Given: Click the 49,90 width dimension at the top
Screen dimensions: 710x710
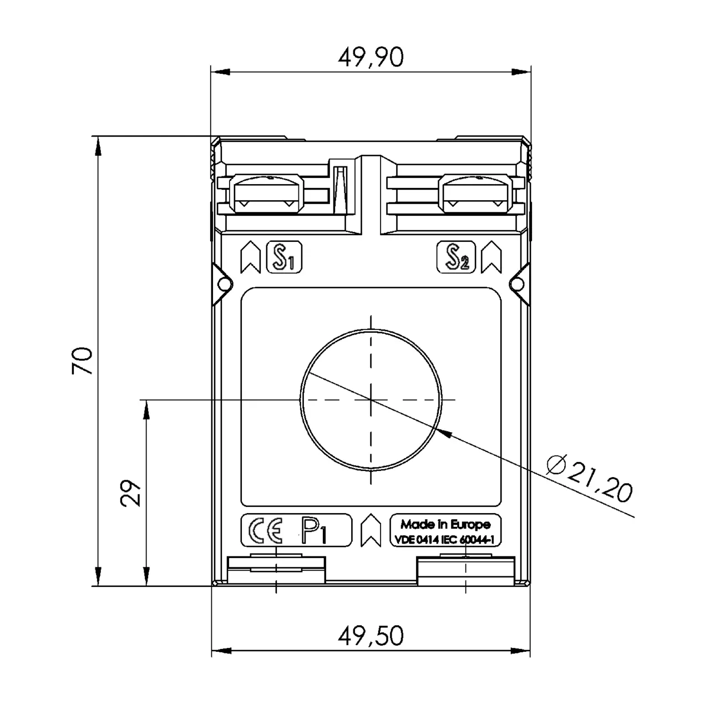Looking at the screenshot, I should [x=371, y=57].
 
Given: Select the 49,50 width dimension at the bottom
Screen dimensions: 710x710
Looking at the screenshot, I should [x=371, y=636].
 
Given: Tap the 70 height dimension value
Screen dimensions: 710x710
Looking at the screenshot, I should [x=82, y=361].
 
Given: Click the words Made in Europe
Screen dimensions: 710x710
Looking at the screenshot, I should [x=445, y=524].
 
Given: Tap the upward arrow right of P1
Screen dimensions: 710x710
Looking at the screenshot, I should [x=371, y=531].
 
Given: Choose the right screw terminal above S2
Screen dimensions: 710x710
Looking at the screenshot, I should [x=474, y=194].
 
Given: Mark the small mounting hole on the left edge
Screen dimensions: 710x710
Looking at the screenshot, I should [x=224, y=284].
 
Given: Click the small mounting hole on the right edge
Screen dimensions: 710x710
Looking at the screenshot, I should [x=516, y=284].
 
